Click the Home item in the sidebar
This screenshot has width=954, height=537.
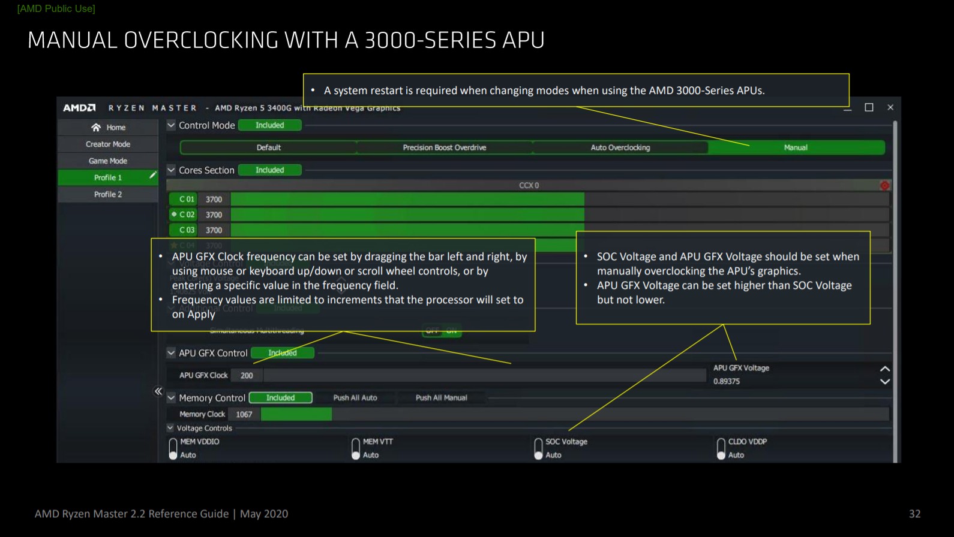point(109,128)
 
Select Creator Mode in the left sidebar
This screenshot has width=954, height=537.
point(108,144)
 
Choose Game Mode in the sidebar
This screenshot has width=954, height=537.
point(108,161)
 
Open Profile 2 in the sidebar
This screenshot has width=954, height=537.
point(108,195)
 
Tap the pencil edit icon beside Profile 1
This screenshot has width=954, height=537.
point(153,176)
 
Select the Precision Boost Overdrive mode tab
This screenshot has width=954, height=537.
point(445,147)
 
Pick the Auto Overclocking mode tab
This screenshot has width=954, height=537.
point(620,147)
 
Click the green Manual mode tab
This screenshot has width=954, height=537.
point(796,147)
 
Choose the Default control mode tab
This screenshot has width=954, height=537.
point(269,147)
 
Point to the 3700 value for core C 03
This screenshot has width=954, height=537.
point(214,230)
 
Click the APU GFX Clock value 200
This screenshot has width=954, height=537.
point(247,376)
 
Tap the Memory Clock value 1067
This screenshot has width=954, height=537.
point(244,415)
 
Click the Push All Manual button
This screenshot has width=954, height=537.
point(441,398)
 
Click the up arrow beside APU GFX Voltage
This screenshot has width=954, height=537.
point(884,369)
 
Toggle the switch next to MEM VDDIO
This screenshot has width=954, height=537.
point(173,448)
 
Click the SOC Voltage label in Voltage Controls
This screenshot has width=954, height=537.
point(566,442)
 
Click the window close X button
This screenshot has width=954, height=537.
point(890,107)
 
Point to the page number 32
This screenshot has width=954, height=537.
point(914,514)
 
